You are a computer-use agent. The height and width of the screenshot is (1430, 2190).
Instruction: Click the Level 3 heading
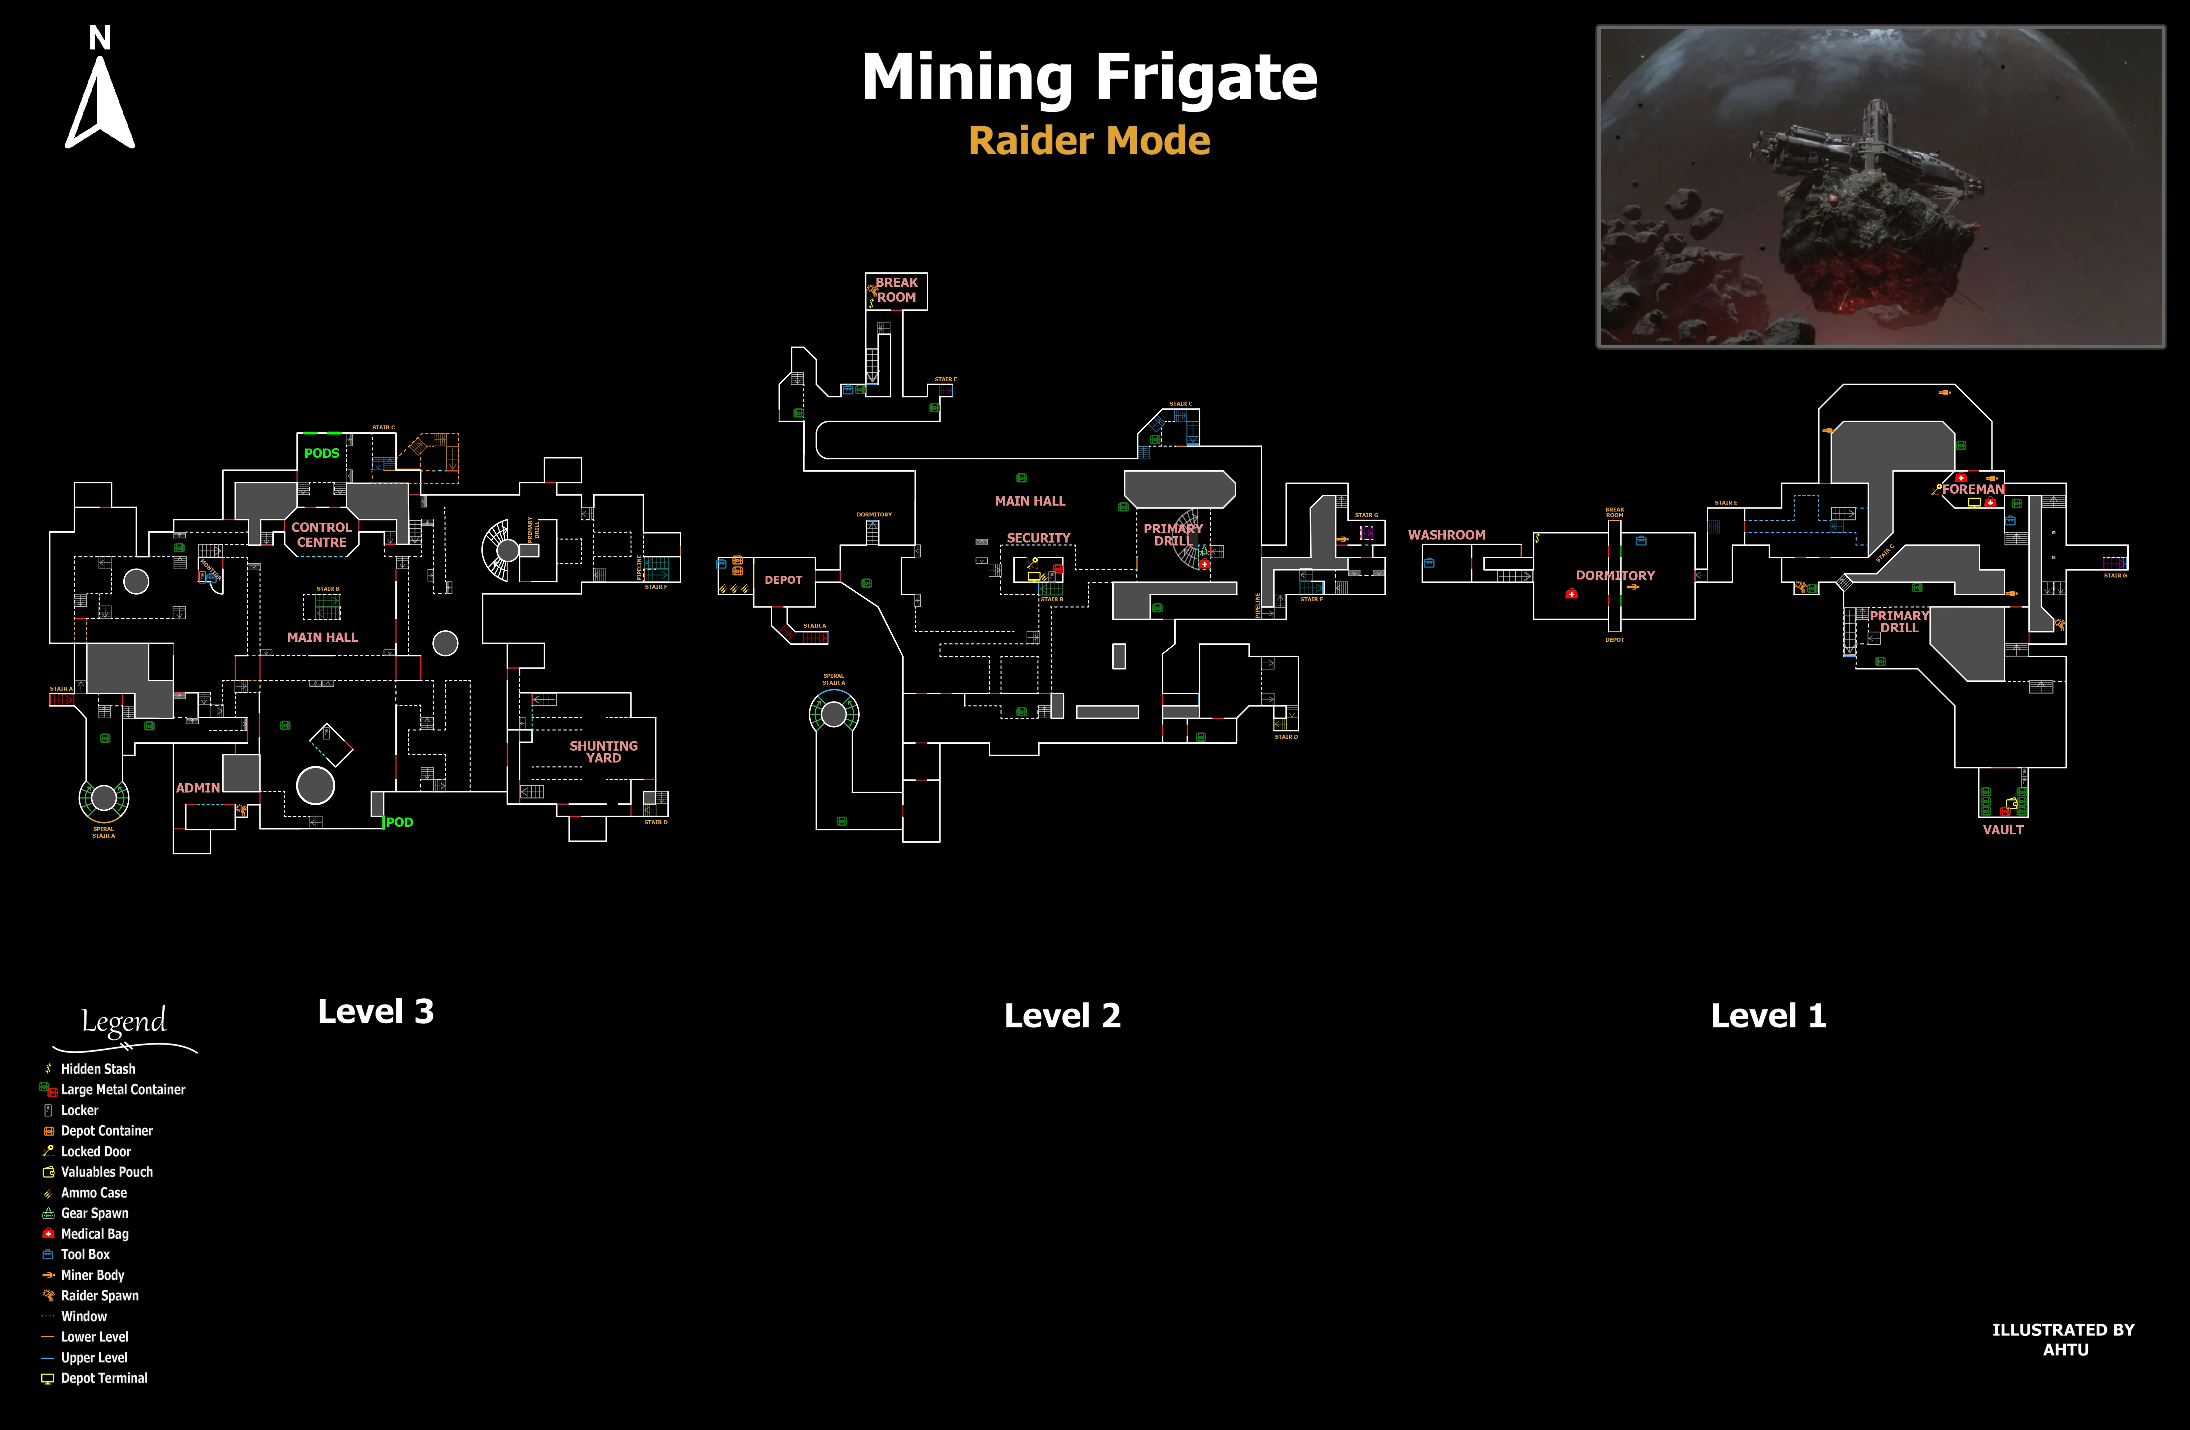point(375,1011)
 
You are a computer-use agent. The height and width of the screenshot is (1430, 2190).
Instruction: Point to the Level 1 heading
point(1768,1016)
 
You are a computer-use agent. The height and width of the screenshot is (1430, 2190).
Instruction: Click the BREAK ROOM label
point(896,290)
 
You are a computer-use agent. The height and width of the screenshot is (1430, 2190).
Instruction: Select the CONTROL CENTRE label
point(321,535)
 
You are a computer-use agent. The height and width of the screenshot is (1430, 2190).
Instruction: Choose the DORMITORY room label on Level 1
point(1615,575)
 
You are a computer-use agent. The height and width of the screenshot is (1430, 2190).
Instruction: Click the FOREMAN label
point(1973,489)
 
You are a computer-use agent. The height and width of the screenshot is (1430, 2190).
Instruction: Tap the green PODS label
point(321,453)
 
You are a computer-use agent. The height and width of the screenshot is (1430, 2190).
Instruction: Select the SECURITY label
point(1038,537)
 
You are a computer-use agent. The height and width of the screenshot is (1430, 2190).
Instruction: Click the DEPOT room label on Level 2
point(783,580)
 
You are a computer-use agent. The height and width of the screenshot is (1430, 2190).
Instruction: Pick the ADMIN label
point(198,788)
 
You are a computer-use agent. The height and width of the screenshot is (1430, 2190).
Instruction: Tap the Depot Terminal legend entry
point(103,1378)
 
